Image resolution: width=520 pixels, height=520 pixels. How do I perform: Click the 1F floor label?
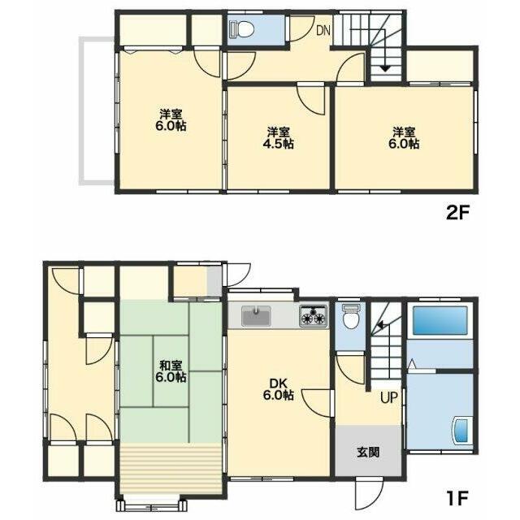point(457,498)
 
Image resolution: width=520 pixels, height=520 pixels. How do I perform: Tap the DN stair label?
point(323,31)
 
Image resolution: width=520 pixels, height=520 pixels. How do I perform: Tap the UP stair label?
point(388,397)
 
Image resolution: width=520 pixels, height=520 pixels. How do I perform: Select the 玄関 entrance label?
point(368,452)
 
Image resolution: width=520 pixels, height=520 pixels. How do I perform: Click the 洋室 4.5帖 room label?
point(279,138)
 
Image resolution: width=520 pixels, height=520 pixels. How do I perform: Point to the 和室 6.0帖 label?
point(171,372)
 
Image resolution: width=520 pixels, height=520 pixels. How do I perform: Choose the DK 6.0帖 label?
point(278,389)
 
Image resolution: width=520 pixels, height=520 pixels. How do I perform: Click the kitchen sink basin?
point(257,316)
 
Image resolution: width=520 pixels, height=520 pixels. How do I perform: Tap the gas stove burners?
point(313,315)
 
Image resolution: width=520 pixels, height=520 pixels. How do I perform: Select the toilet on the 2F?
point(243,29)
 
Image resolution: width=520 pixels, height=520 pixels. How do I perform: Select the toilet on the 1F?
point(351,318)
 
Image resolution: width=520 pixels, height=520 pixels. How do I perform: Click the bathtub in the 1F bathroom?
point(440,321)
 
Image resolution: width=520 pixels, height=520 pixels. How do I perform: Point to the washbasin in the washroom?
point(461,431)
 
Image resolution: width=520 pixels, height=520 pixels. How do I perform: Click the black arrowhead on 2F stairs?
point(384,68)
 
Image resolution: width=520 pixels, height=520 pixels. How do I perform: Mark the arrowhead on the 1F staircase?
point(381,325)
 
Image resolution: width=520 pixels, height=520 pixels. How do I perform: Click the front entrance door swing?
point(369,493)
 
